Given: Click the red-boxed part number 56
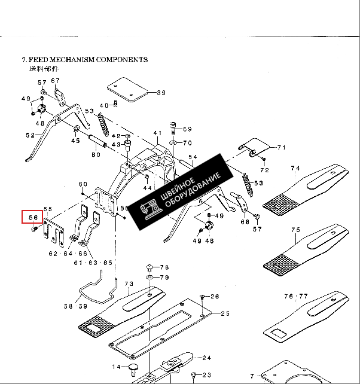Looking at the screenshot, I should (33, 217).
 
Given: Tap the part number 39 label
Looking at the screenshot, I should (161, 93).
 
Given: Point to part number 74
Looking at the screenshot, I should (295, 169).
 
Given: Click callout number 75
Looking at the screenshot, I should (295, 230).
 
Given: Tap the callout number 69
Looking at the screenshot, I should (187, 129).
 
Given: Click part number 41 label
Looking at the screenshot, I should (157, 133).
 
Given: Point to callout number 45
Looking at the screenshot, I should (75, 141).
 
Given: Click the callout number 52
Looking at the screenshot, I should (30, 136).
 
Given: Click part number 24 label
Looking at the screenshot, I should (206, 358).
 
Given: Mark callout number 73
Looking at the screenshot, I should (129, 284).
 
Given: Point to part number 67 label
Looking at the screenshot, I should (56, 81).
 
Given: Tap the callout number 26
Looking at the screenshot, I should (215, 297).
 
